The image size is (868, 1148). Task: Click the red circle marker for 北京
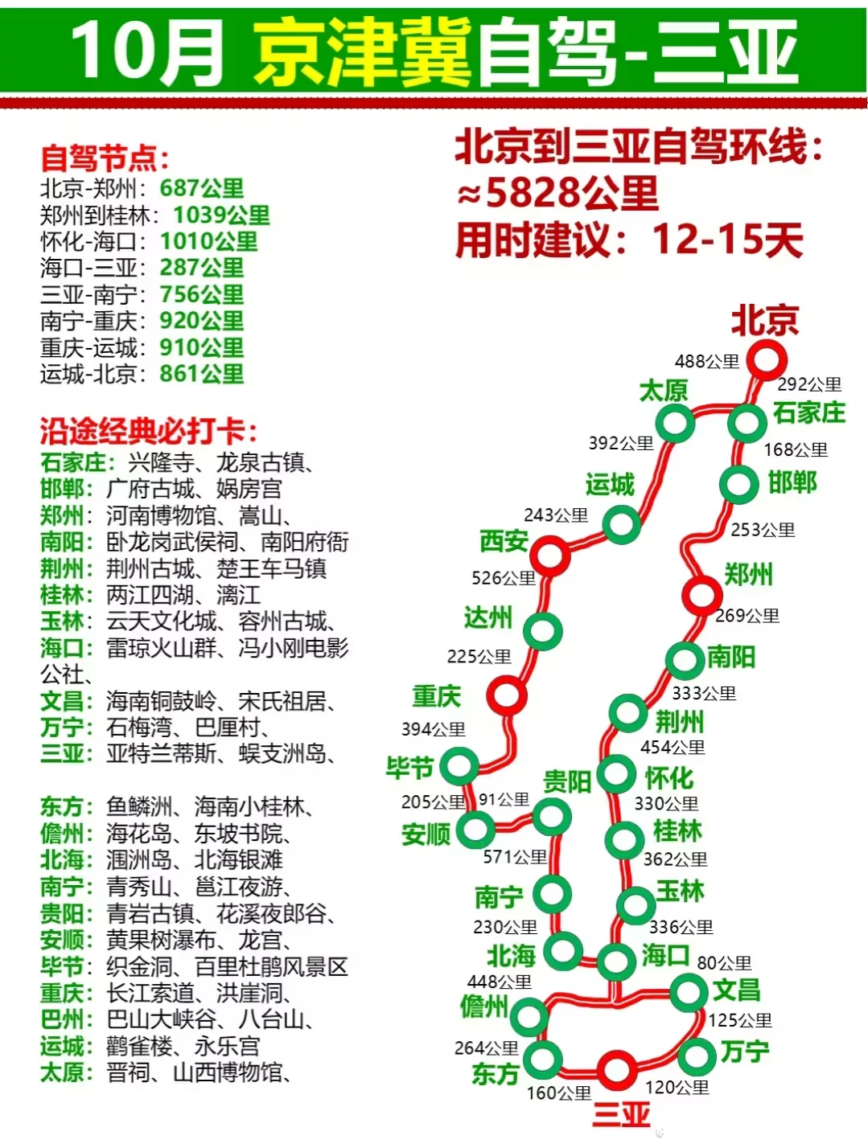(766, 359)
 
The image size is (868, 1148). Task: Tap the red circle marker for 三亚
(616, 1069)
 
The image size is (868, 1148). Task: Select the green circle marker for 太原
(674, 423)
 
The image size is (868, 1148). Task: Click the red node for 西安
(551, 555)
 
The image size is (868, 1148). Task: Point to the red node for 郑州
(701, 596)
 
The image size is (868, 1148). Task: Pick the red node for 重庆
(508, 695)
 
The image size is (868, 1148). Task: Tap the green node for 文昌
(689, 991)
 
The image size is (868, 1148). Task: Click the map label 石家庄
(808, 413)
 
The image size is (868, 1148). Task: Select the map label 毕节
(410, 768)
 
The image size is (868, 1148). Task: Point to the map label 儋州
(484, 1006)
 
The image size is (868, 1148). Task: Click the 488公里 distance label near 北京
(706, 362)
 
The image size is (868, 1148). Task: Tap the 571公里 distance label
(515, 857)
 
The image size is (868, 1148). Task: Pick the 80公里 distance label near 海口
(724, 962)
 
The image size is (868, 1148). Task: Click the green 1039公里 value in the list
(221, 215)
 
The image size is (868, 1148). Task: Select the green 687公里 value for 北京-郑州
(201, 188)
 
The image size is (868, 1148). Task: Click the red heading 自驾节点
(105, 158)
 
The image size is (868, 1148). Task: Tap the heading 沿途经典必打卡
(149, 433)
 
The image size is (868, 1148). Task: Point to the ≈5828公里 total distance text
(557, 193)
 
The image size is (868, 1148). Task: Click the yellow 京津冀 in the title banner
(362, 53)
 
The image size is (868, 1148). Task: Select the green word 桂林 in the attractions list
(62, 595)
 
